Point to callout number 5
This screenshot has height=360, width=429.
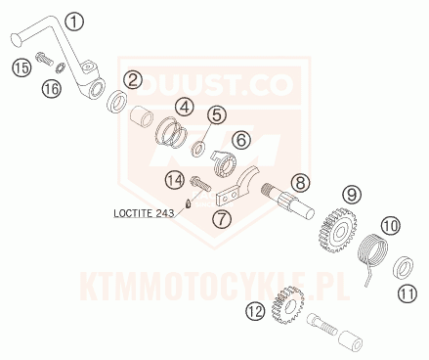pyautogui.click(x=216, y=116)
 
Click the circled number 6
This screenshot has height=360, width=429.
pyautogui.click(x=240, y=142)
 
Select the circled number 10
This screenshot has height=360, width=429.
pyautogui.click(x=390, y=226)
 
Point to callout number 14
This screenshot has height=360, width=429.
pyautogui.click(x=175, y=179)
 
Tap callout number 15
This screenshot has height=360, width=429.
pyautogui.click(x=21, y=67)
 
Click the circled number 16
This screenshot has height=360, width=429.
pyautogui.click(x=51, y=90)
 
